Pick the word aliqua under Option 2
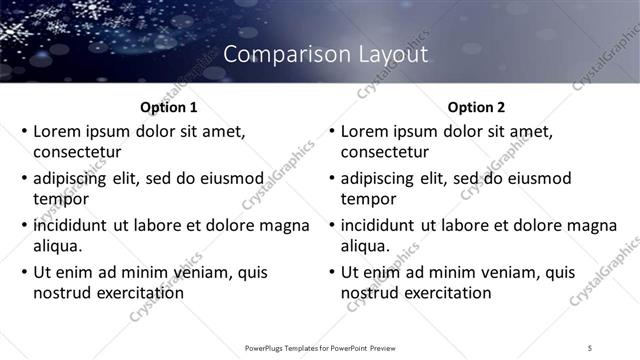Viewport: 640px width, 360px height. click(x=367, y=246)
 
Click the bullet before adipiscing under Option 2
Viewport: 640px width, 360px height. click(x=332, y=179)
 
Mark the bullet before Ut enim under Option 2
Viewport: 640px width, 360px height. click(x=332, y=272)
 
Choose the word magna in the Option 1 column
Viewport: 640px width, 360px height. click(x=285, y=225)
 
